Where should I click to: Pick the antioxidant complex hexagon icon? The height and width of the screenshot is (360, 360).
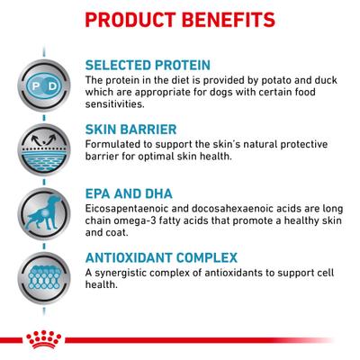41,272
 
